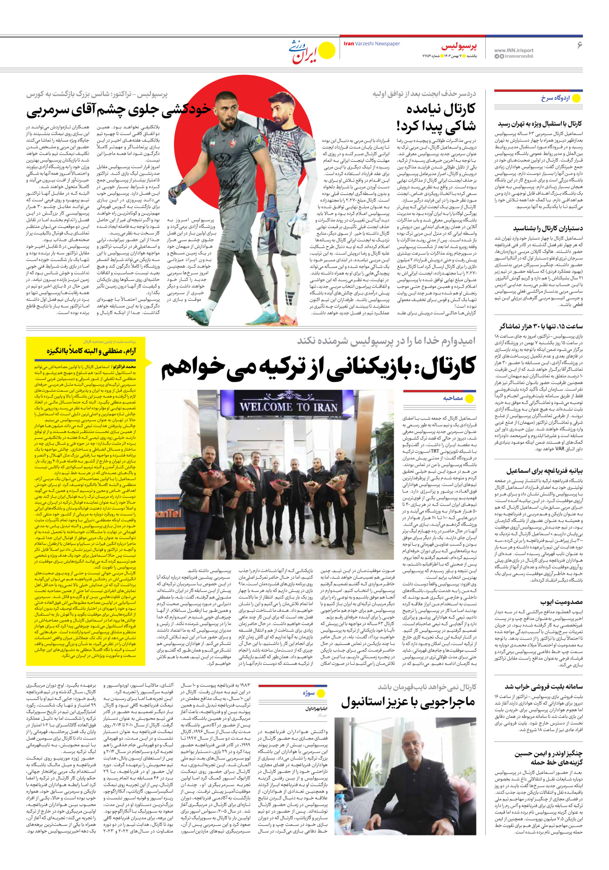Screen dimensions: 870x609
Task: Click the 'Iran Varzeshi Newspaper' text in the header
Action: [x=371, y=44]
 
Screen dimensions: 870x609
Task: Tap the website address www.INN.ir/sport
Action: [x=514, y=50]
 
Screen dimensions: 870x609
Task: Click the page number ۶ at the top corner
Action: [x=579, y=45]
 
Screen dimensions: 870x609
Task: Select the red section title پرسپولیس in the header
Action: [x=459, y=46]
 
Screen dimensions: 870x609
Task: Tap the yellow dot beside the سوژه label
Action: [x=321, y=693]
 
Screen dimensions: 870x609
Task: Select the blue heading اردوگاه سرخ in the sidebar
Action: [x=555, y=98]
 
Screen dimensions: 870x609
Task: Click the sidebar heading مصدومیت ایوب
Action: [x=561, y=602]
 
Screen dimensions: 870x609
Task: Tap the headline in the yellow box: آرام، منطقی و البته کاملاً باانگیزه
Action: [x=91, y=351]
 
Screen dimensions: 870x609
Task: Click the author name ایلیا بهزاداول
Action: [x=316, y=709]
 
